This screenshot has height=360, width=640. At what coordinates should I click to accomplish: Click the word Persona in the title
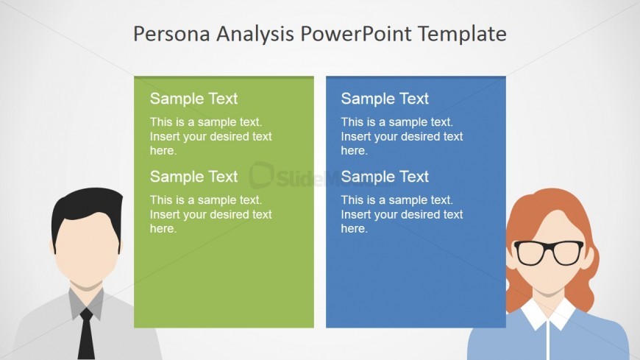click(171, 34)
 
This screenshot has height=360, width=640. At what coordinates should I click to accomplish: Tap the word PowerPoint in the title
click(356, 34)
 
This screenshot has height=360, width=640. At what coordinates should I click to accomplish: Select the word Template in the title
click(462, 35)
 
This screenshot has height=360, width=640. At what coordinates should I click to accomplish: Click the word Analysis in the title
click(255, 35)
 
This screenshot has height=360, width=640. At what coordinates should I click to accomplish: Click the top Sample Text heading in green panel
click(193, 99)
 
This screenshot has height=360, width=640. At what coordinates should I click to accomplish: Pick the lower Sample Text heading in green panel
click(193, 177)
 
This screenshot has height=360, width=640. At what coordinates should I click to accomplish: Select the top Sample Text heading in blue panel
click(385, 99)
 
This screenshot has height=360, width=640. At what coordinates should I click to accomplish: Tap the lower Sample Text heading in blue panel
click(385, 177)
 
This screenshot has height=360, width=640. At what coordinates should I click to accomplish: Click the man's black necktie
click(86, 334)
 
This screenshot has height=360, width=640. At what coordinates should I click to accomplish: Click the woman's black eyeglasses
click(549, 253)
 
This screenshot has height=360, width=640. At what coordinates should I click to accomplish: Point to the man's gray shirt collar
click(86, 303)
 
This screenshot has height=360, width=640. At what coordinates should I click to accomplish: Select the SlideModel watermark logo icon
click(261, 175)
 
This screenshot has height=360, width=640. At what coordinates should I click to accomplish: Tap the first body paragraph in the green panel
click(210, 136)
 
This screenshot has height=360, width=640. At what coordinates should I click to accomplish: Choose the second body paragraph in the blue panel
click(402, 214)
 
